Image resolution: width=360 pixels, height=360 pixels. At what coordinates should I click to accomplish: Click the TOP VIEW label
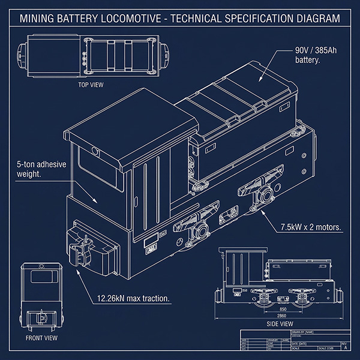click(91, 85)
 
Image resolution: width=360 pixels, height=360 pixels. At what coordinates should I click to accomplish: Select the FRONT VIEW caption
click(41, 337)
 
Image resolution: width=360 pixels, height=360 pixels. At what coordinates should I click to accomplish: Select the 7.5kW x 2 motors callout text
click(311, 227)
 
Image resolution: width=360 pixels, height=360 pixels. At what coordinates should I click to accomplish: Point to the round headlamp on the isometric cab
click(95, 151)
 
